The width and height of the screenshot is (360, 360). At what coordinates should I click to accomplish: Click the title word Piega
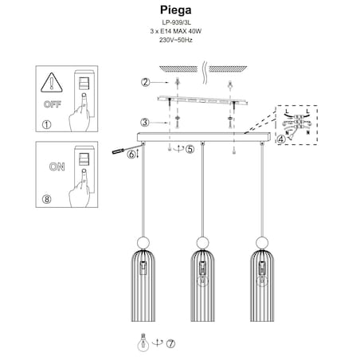[x=175, y=10]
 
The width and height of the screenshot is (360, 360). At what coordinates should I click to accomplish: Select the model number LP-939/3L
[x=176, y=23]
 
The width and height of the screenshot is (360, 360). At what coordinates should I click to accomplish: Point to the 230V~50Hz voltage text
[x=176, y=40]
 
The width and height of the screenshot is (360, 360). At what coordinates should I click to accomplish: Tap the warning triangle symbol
[x=52, y=83]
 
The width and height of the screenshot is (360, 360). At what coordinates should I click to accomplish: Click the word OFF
[x=53, y=104]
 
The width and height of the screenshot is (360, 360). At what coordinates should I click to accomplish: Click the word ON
[x=57, y=166]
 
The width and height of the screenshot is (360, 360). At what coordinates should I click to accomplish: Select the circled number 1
[x=47, y=124]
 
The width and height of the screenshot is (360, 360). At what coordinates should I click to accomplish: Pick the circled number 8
[x=47, y=199]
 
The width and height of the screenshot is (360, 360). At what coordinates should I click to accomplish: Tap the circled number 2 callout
[x=145, y=82]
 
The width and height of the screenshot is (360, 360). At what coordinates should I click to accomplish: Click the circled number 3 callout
[x=145, y=123]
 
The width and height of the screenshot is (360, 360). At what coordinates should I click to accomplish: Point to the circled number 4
[x=281, y=139]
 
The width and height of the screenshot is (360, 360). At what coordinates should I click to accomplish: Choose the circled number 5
[x=190, y=149]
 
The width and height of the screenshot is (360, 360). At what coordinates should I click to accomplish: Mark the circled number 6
[x=131, y=154]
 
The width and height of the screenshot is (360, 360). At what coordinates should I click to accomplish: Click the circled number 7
[x=170, y=344]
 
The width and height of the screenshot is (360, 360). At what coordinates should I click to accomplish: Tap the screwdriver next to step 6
[x=127, y=149]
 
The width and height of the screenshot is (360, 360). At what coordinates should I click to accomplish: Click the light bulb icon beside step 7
[x=143, y=342]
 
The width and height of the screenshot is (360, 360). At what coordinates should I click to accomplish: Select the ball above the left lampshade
[x=143, y=243]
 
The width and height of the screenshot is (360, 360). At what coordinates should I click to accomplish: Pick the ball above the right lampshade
[x=262, y=243]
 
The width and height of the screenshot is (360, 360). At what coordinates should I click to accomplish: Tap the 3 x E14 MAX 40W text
[x=176, y=31]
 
